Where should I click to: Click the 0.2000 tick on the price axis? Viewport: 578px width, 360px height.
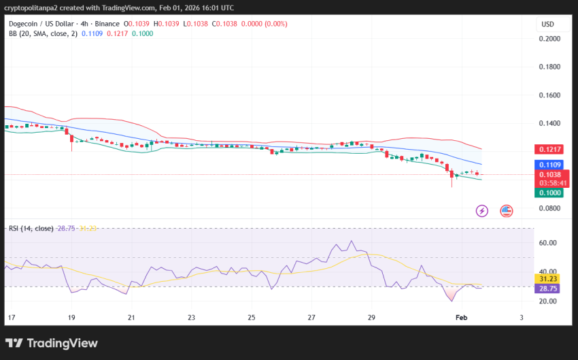tap(550, 39)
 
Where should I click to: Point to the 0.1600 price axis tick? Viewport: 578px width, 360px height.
tap(550, 95)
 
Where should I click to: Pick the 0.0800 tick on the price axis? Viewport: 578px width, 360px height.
tap(550, 208)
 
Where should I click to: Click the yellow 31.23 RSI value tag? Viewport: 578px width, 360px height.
tap(548, 278)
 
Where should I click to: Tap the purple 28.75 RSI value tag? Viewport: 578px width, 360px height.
tap(548, 289)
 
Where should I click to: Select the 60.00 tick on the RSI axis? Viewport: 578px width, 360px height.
tap(547, 243)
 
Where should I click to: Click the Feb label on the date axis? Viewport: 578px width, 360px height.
tap(462, 318)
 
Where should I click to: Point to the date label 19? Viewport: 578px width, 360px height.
tap(71, 318)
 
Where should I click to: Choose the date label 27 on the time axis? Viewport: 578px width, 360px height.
tap(311, 318)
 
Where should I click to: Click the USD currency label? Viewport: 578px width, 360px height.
tap(547, 24)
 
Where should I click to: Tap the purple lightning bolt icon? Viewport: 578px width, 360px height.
tap(482, 211)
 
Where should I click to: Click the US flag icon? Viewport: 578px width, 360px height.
tap(507, 211)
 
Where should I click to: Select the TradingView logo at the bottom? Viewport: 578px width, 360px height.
tap(52, 344)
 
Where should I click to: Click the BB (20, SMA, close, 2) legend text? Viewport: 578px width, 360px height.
tap(43, 33)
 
